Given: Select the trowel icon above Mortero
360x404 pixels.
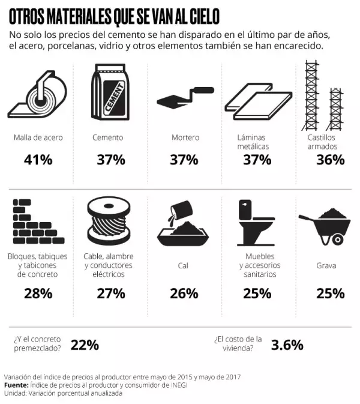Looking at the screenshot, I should click(184, 95).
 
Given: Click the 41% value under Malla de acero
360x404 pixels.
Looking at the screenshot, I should click(38, 160).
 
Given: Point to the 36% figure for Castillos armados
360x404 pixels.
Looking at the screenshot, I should click(329, 160).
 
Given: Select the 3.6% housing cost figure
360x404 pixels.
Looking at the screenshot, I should click(287, 345).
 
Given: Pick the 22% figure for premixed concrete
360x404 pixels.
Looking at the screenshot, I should click(85, 345).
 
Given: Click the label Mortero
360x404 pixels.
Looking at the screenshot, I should click(185, 137).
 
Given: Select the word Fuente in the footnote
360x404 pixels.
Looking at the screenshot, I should click(16, 385).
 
